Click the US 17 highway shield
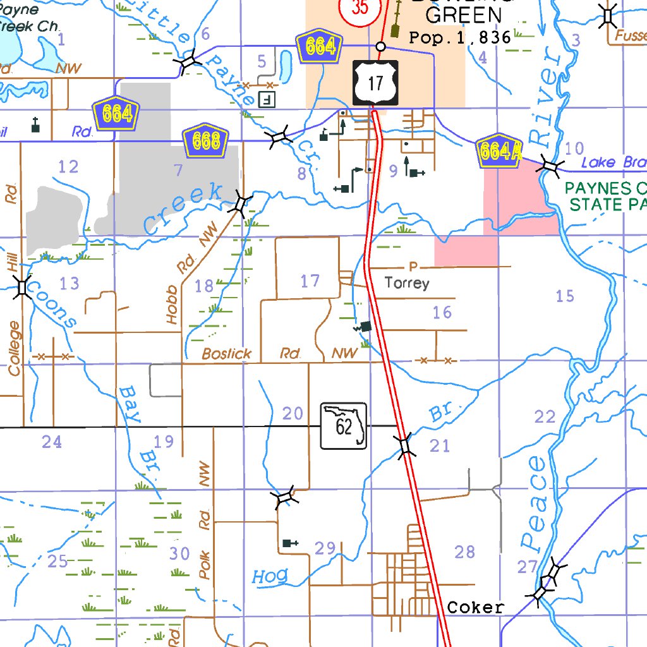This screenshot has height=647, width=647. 375,83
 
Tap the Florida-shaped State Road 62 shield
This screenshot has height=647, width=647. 344,425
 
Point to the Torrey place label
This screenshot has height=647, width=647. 407,283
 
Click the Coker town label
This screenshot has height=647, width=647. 476,608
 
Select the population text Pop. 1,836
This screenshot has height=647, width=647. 460,37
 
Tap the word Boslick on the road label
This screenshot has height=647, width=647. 227,354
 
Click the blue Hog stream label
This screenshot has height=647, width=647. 270,576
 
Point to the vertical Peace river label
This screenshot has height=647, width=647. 535,502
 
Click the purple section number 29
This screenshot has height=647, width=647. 325,548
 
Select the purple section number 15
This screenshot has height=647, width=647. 565,295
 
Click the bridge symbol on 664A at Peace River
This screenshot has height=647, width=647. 550,166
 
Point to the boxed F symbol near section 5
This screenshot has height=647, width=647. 268,99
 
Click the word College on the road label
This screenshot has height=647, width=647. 14,349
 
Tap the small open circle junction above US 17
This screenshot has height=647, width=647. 380,46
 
